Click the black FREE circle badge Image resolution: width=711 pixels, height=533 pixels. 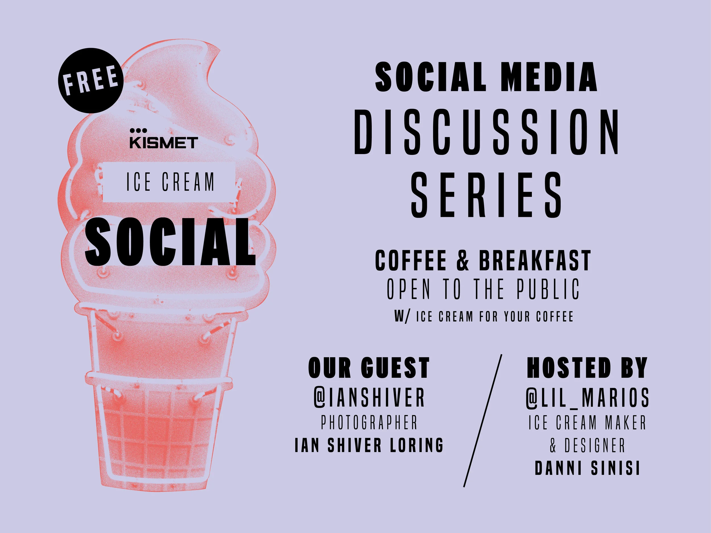tap(91, 80)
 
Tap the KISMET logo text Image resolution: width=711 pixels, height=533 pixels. tap(164, 143)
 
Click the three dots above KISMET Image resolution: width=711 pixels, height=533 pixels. tap(138, 130)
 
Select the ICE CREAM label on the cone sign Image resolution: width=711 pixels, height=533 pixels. tap(170, 182)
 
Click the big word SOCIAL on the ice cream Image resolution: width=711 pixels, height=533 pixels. tap(170, 242)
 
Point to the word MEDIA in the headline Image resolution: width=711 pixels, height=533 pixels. tap(549, 77)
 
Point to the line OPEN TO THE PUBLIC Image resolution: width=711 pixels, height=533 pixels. tap(483, 289)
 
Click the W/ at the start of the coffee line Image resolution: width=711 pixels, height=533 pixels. tap(402, 316)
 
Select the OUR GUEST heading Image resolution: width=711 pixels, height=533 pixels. tap(369, 368)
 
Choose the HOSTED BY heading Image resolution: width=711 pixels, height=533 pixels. tap(587, 368)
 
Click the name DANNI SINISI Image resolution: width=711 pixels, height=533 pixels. tap(587, 468)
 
